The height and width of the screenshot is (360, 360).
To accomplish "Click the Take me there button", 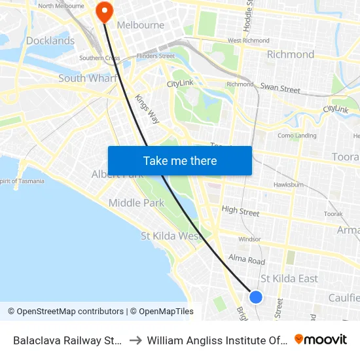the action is pos(180,160).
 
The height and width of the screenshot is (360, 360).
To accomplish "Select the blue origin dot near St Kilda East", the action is pos(256,297).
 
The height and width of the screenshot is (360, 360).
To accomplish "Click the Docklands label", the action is pos(50,41).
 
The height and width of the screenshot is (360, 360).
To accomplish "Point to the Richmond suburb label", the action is pos(291,54).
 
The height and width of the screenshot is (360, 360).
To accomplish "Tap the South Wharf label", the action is pos(88,79).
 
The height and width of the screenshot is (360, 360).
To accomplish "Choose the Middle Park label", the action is pos(136,203).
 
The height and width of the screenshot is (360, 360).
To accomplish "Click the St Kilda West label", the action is pos(172,236).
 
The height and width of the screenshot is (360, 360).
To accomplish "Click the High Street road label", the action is pos(240,211).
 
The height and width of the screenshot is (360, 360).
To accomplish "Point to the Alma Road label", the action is pos(246,260).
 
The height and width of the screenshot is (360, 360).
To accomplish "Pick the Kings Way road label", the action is pos(147,109).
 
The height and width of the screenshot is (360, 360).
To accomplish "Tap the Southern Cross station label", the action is pos(99,58).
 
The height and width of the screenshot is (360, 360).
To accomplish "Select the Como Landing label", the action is pos(297,135).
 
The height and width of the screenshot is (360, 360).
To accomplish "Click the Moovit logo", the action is pos(321,340).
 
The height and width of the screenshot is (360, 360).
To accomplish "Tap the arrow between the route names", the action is pos(137,340).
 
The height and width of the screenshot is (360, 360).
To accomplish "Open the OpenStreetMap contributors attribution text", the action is pos(65,312).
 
